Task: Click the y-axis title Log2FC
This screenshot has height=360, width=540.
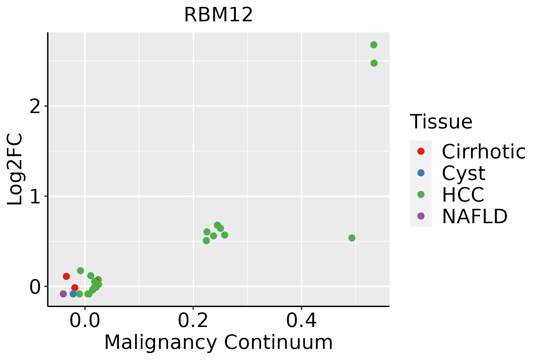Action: point(15,169)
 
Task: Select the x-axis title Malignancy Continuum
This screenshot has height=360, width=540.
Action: point(218,343)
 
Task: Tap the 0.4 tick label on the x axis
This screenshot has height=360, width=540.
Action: point(301,321)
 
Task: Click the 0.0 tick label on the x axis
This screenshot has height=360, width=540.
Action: point(85,321)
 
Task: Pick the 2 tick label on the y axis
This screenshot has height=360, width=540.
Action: point(35,106)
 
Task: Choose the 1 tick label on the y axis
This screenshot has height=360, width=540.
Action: point(35,197)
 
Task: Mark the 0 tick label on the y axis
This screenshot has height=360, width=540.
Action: point(35,287)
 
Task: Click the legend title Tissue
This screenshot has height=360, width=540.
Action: point(441,122)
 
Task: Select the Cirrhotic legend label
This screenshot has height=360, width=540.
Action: point(484,151)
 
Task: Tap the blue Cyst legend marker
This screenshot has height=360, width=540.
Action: point(421,173)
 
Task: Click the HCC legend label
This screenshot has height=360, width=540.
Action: point(463,195)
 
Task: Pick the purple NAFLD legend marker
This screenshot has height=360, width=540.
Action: point(421,216)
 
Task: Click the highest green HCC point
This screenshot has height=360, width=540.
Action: point(374,45)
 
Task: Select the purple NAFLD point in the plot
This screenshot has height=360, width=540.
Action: point(63,294)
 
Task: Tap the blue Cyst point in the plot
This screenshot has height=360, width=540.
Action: point(73,294)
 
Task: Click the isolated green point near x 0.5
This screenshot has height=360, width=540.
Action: point(352,238)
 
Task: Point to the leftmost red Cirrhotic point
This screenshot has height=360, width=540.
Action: point(66,276)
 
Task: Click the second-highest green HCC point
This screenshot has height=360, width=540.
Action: point(374,63)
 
